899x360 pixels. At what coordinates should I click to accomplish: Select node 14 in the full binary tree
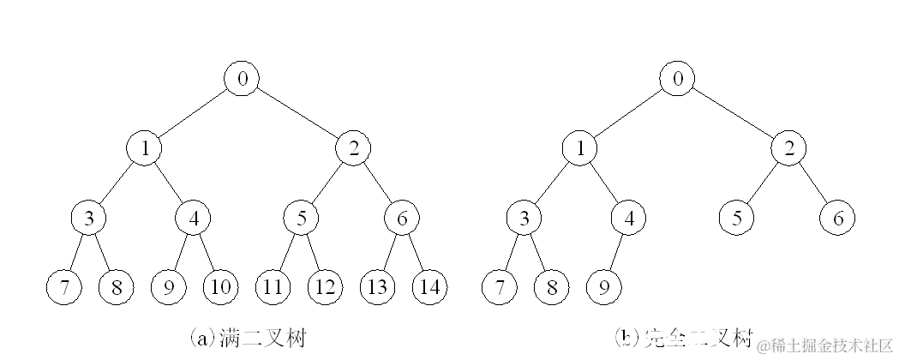[429, 286]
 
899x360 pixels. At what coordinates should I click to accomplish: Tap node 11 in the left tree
[272, 286]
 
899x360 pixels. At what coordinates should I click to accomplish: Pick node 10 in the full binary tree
[219, 286]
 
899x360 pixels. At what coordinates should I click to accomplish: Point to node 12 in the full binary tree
[325, 286]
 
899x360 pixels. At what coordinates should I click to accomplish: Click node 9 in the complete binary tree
[603, 286]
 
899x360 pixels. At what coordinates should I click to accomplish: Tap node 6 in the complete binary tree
[836, 218]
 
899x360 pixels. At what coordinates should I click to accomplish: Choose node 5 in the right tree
[736, 218]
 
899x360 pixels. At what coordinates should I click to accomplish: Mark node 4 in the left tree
[193, 218]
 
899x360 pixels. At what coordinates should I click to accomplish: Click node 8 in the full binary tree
[117, 286]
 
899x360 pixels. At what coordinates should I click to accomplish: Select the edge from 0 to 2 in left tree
[297, 113]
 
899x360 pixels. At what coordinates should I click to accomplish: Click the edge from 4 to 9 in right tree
[616, 252]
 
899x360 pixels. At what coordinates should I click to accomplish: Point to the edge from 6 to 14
[416, 252]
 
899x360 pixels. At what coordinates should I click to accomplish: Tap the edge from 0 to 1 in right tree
[629, 113]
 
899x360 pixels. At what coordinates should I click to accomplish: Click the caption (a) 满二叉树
[247, 338]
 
